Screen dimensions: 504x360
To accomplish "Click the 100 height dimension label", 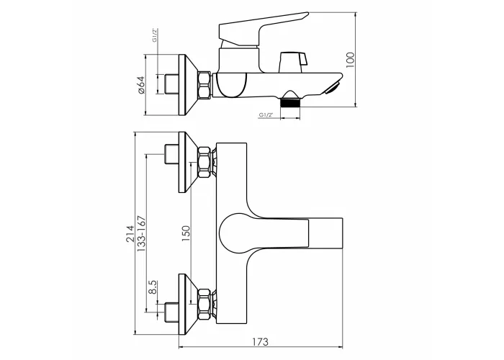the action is (x=350, y=60).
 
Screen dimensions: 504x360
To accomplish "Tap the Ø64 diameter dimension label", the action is (x=141, y=85).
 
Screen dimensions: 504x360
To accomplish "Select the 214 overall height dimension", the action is (x=130, y=233).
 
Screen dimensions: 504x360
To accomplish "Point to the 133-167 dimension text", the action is (x=141, y=234).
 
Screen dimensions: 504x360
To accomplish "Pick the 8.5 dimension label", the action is (x=153, y=287).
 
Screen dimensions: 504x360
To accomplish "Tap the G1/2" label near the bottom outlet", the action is (x=266, y=114).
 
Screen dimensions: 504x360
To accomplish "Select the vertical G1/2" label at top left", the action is (x=155, y=35).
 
